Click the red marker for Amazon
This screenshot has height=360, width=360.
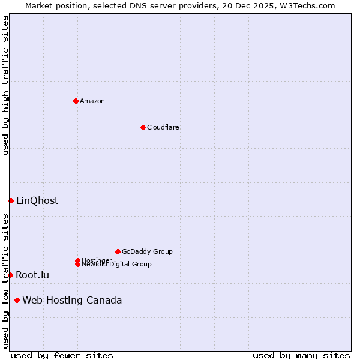pyautogui.click(x=76, y=101)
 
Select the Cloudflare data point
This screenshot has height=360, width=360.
pyautogui.click(x=143, y=127)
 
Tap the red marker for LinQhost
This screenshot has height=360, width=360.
pyautogui.click(x=11, y=200)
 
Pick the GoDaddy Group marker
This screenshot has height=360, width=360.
pyautogui.click(x=118, y=251)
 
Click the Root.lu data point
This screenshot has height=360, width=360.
pyautogui.click(x=10, y=275)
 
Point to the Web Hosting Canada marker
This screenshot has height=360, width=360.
pyautogui.click(x=17, y=300)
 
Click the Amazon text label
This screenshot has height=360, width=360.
pyautogui.click(x=92, y=101)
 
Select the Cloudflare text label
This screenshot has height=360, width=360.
pyautogui.click(x=163, y=127)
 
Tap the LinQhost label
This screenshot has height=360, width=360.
pyautogui.click(x=37, y=201)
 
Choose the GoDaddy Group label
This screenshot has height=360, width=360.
pyautogui.click(x=147, y=251)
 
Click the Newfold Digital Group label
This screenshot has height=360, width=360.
pyautogui.click(x=117, y=265)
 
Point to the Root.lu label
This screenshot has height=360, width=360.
pyautogui.click(x=32, y=275)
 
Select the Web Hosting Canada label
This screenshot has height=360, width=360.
pyautogui.click(x=72, y=301)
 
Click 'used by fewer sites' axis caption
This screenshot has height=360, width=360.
pyautogui.click(x=62, y=356)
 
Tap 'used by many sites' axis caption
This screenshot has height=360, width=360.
pyautogui.click(x=301, y=356)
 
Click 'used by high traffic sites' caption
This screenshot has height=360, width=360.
pyautogui.click(x=6, y=85)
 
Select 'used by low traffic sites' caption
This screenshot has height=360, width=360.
pyautogui.click(x=6, y=281)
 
